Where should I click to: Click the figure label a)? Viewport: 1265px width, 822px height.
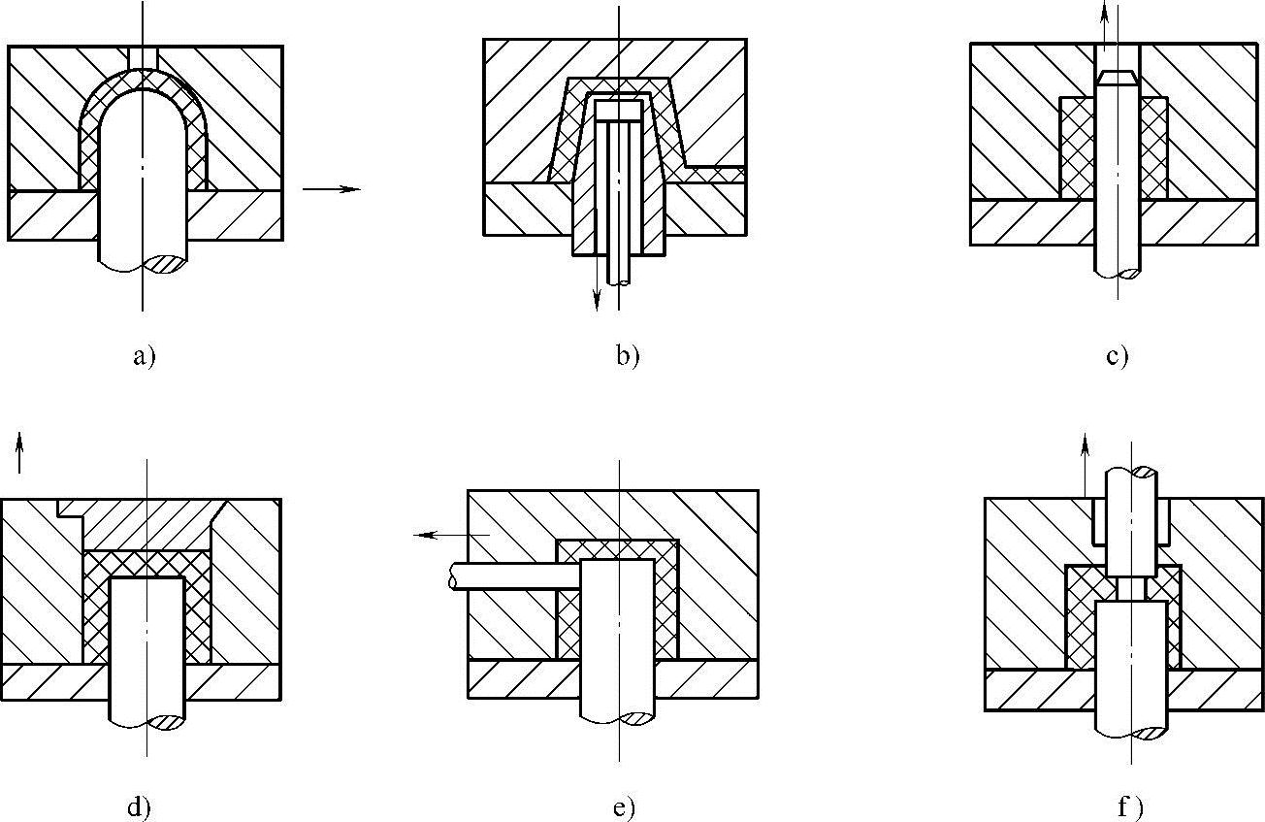pos(144,356)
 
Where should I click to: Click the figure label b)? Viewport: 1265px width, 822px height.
pos(628,356)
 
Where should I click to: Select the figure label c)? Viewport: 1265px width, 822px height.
pos(1117,356)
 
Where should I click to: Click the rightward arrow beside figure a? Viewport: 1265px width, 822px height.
pos(331,189)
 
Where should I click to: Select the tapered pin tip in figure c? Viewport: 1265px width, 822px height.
pos(1117,77)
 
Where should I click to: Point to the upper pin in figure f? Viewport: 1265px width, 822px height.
pos(1131,519)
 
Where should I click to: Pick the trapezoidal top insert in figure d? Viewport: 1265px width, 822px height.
pos(146,524)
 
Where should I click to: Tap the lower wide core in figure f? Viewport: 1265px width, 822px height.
pos(1131,660)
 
